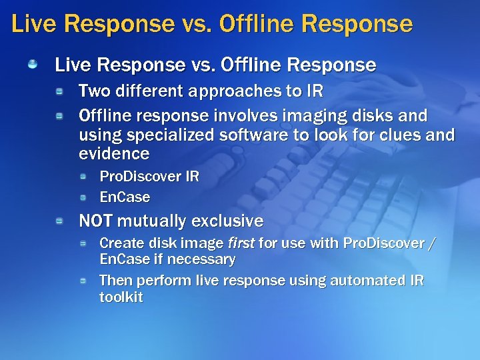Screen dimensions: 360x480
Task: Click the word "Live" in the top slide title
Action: point(33,25)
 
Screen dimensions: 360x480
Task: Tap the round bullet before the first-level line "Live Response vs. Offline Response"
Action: point(32,65)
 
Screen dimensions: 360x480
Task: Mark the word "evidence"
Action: point(114,154)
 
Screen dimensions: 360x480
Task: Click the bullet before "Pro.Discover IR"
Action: point(83,177)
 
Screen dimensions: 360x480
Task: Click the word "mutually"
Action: point(155,221)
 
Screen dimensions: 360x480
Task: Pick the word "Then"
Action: point(114,281)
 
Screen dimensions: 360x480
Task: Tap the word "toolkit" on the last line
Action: point(121,297)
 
